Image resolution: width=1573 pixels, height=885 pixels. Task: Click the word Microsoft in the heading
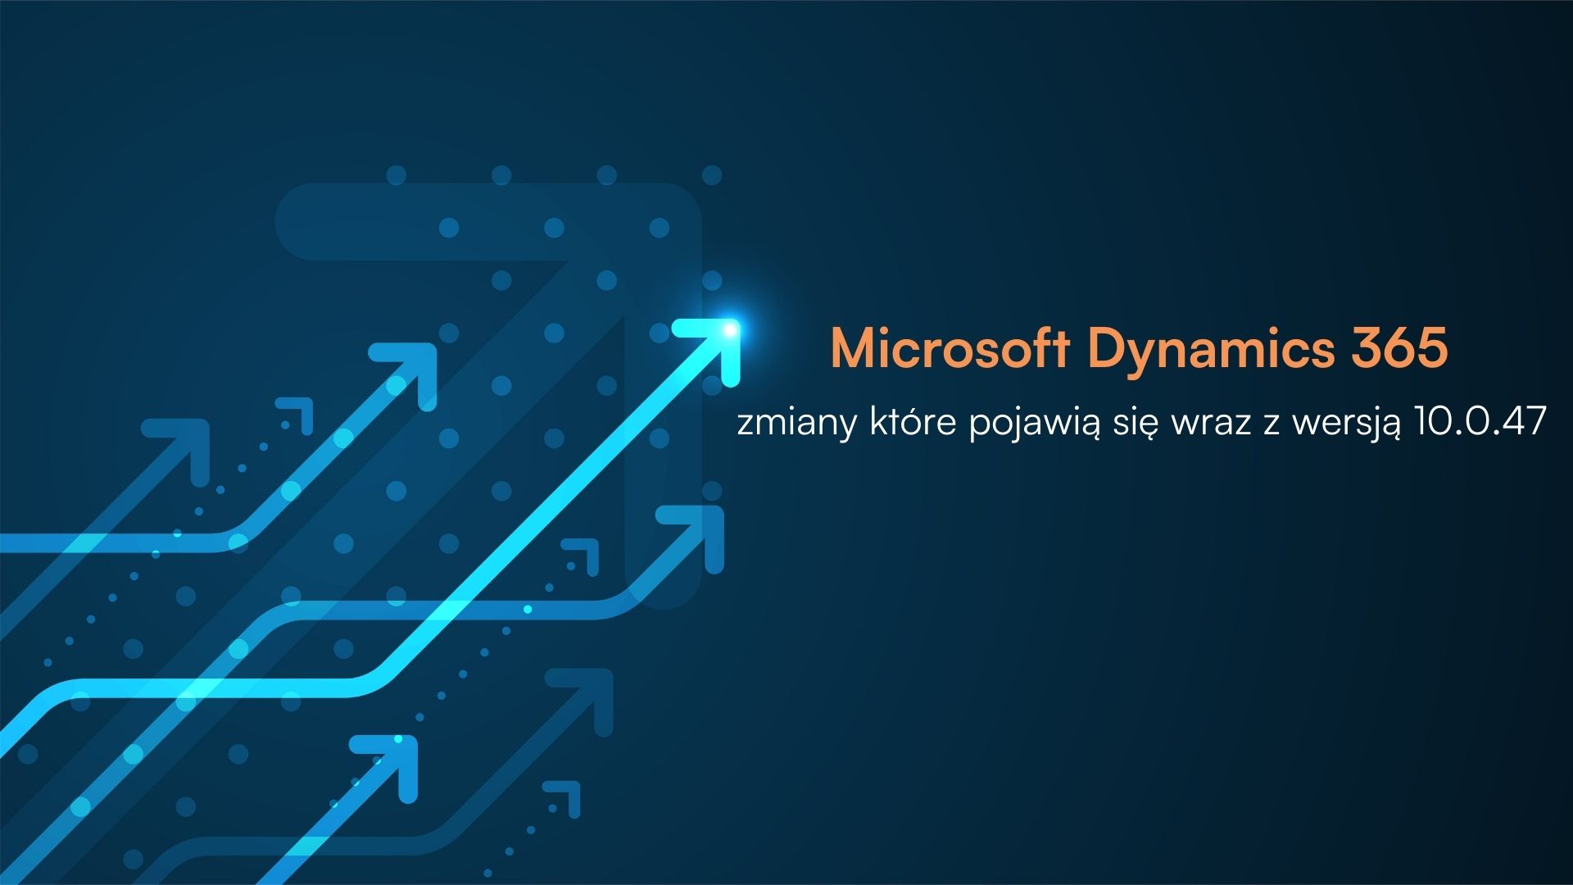point(950,349)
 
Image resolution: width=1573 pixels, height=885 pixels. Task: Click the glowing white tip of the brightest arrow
point(728,330)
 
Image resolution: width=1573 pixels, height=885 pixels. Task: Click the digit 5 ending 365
point(1433,349)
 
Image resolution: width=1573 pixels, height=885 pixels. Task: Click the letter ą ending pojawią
point(1088,426)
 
